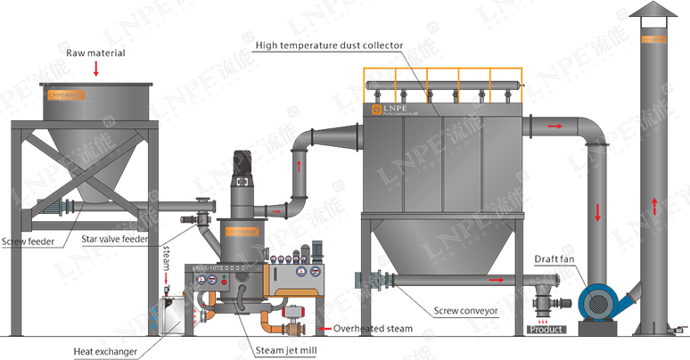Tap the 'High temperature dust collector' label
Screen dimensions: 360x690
click(x=329, y=45)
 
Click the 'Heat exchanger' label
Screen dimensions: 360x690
click(x=105, y=352)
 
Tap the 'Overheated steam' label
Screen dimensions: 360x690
click(x=374, y=329)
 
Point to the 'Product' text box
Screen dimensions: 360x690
click(x=546, y=329)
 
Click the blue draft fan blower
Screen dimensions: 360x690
click(x=596, y=303)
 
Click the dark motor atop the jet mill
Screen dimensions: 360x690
click(x=241, y=163)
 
